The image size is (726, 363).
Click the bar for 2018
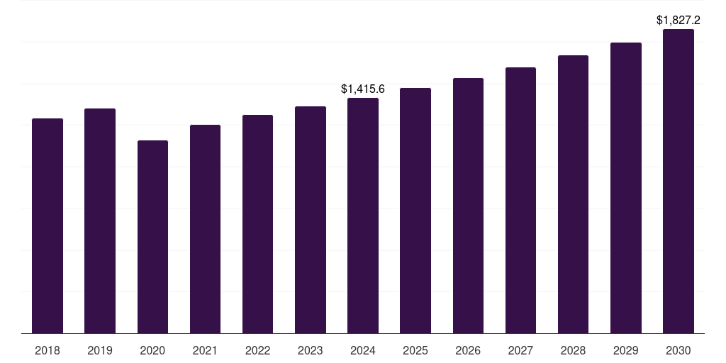[48, 226]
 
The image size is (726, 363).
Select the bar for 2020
[153, 237]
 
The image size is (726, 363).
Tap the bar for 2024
[363, 216]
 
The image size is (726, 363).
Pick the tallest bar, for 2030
[678, 181]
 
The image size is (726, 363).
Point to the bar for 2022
[258, 224]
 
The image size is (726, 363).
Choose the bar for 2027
[521, 201]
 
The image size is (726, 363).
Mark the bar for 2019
[100, 221]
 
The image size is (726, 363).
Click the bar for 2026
[468, 206]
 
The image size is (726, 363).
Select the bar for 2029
[626, 188]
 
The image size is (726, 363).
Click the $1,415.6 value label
[363, 89]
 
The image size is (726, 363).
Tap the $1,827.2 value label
[678, 21]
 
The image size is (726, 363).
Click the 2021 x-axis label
[205, 350]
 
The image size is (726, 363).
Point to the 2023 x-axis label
[311, 350]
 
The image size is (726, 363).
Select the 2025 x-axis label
[415, 350]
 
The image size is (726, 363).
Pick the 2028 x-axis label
[573, 350]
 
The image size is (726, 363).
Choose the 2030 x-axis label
[678, 350]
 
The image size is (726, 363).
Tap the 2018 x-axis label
[48, 350]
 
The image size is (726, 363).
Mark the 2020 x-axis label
[153, 350]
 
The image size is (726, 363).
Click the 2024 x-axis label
[363, 350]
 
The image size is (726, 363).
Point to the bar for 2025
[415, 211]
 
